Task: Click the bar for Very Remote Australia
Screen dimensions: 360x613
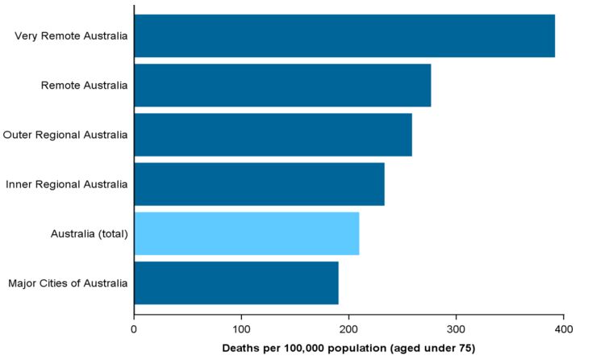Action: [x=344, y=36]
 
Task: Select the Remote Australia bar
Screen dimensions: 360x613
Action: [x=282, y=85]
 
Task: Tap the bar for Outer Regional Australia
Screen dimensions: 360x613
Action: [x=273, y=134]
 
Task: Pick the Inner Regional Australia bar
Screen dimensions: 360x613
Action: [x=259, y=184]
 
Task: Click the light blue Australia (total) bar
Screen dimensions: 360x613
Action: [x=246, y=233]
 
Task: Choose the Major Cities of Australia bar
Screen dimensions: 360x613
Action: [x=236, y=283]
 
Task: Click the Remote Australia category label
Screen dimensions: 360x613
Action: [x=84, y=85]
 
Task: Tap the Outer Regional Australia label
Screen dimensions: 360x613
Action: [x=65, y=134]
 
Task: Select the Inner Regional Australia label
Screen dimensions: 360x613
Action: [x=66, y=184]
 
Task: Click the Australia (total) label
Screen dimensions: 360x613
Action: [x=89, y=233]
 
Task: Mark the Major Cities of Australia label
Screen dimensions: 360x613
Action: [x=68, y=283]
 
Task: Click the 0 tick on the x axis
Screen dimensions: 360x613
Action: [x=134, y=329]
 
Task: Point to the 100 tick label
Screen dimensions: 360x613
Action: [x=241, y=329]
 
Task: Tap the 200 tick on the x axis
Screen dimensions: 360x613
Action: [x=348, y=329]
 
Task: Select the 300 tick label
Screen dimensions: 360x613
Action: [x=456, y=329]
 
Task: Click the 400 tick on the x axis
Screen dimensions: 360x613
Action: [x=563, y=329]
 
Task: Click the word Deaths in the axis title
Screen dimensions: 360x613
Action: [x=240, y=348]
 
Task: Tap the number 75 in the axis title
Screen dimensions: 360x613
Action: [x=463, y=348]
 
